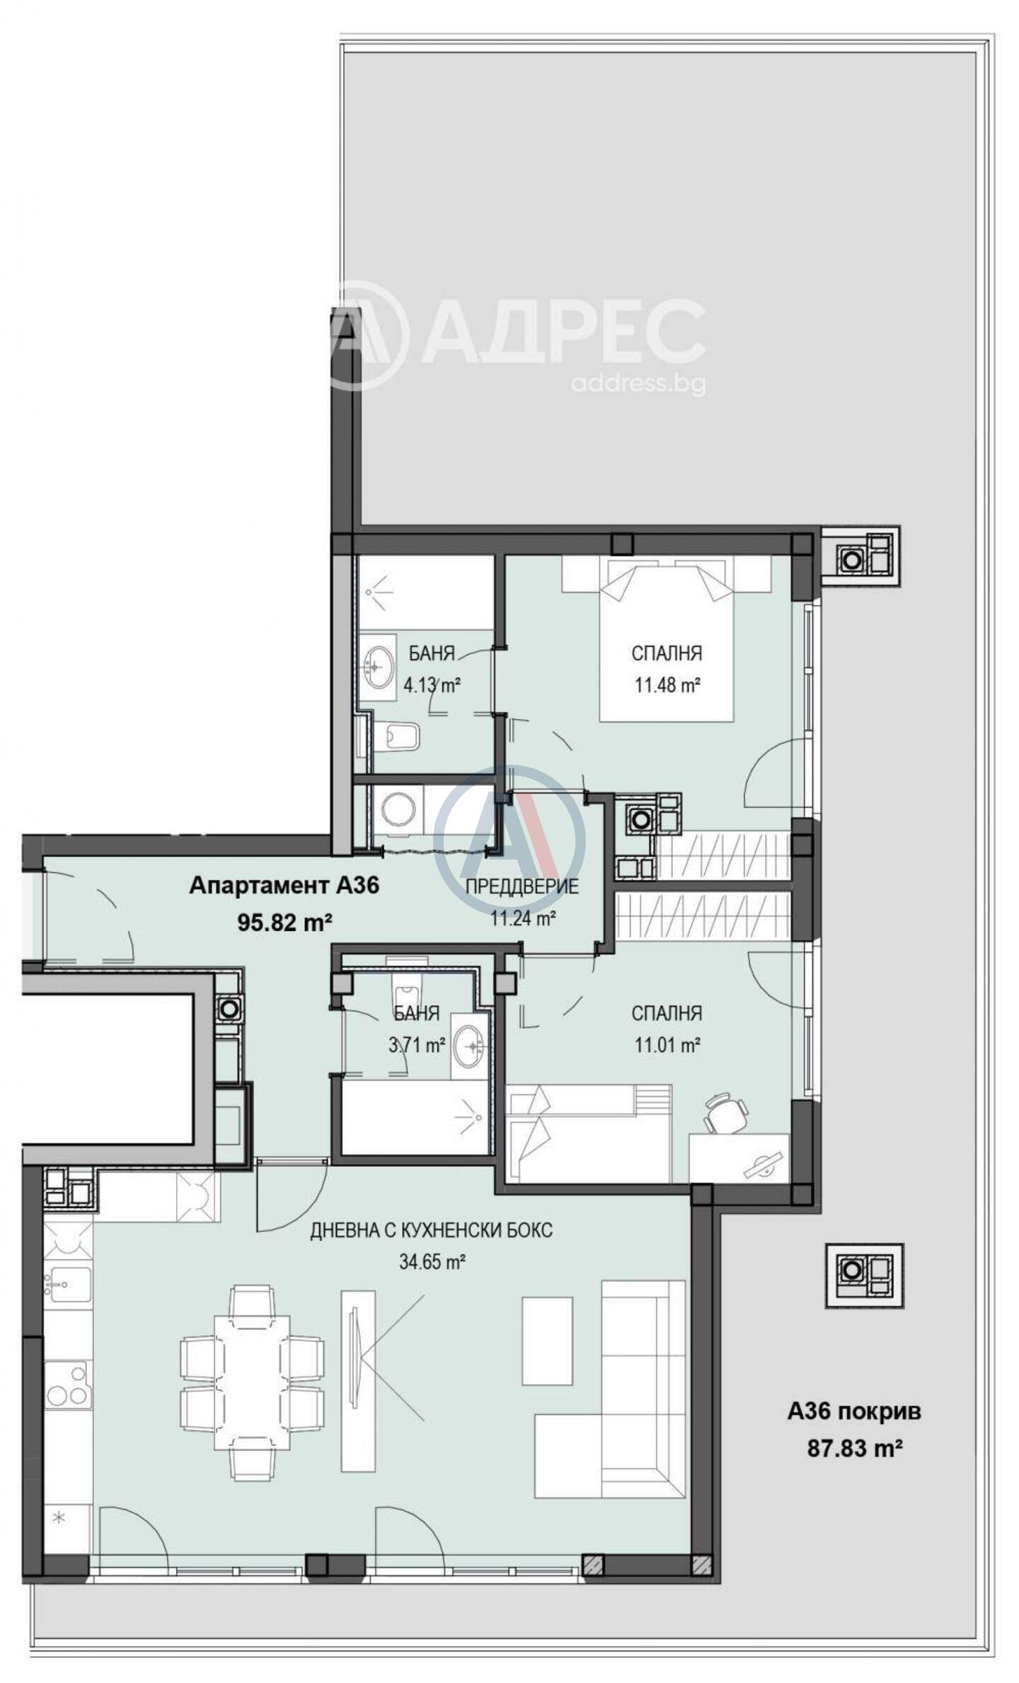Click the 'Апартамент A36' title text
[284, 885]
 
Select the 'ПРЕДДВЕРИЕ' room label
[522, 886]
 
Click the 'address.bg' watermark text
[638, 383]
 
